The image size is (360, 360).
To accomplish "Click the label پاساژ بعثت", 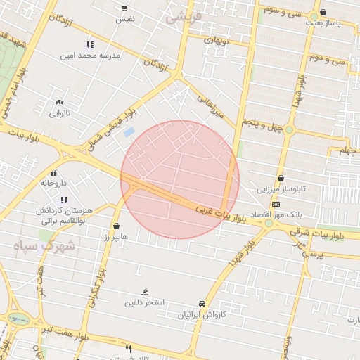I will coord(323,23).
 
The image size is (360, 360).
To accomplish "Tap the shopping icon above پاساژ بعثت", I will coord(323,12).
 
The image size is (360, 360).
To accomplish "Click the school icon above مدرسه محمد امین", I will coord(90,44).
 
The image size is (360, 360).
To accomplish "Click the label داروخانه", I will coord(53,183).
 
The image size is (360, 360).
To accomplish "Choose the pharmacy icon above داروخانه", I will coord(53,173).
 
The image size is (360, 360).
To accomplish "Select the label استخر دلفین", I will coord(144,303).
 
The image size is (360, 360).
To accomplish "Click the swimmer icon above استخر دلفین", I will coord(144,292).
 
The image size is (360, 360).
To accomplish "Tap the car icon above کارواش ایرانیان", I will coord(203,304).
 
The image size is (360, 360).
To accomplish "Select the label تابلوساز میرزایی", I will coord(282,189).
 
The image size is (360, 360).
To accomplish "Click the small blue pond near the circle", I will coord(129,131).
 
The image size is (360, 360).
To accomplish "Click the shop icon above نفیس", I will coord(125,8).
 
